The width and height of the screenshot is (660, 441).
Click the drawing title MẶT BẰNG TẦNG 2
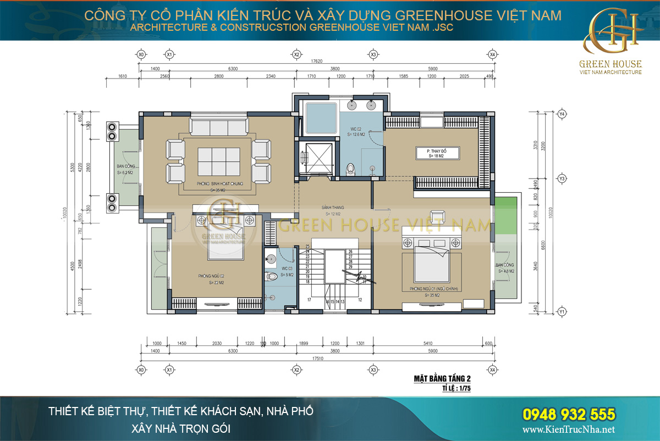pos(442,378)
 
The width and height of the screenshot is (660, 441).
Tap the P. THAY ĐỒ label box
pos(438,153)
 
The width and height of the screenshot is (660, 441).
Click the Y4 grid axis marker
pos(562,114)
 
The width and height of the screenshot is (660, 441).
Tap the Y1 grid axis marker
pos(562,311)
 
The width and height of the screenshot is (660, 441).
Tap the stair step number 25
pos(308,247)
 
